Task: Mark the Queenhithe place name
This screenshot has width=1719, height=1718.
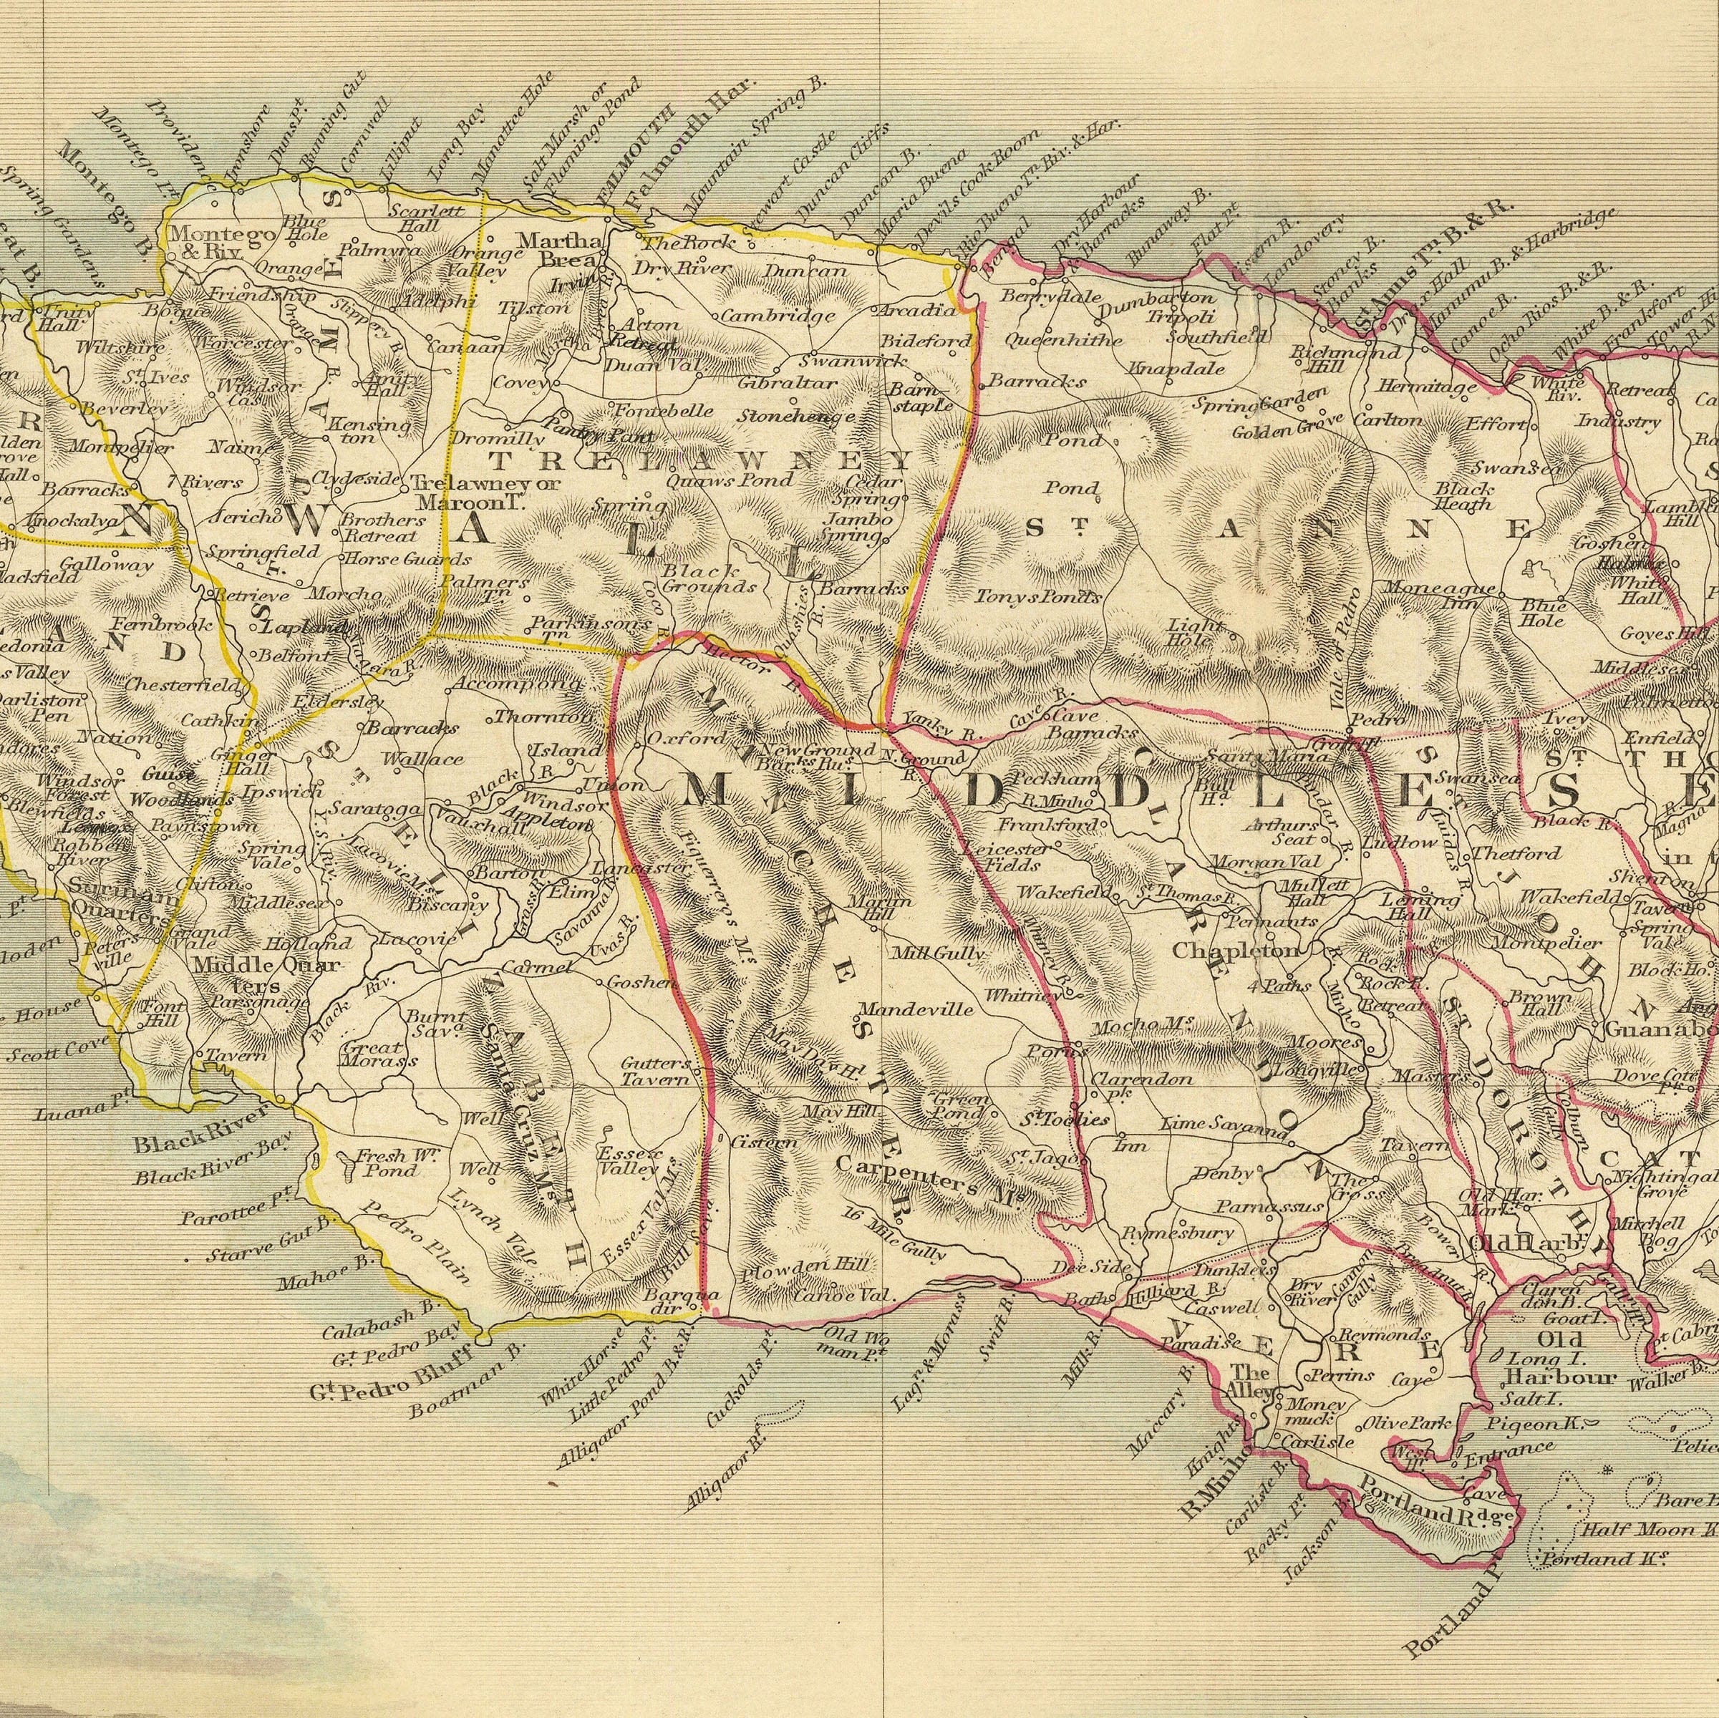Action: (x=1052, y=340)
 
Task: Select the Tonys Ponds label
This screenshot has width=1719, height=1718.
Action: (x=1037, y=597)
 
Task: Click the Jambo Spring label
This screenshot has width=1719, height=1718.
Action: (x=856, y=528)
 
